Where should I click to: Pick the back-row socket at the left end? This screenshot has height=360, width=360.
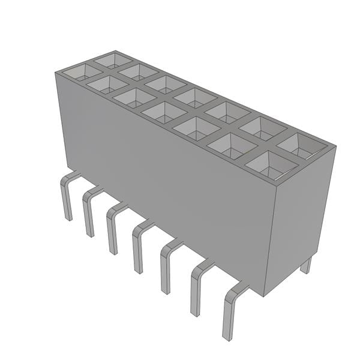(112, 59)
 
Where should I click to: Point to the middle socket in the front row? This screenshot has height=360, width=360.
(161, 112)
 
